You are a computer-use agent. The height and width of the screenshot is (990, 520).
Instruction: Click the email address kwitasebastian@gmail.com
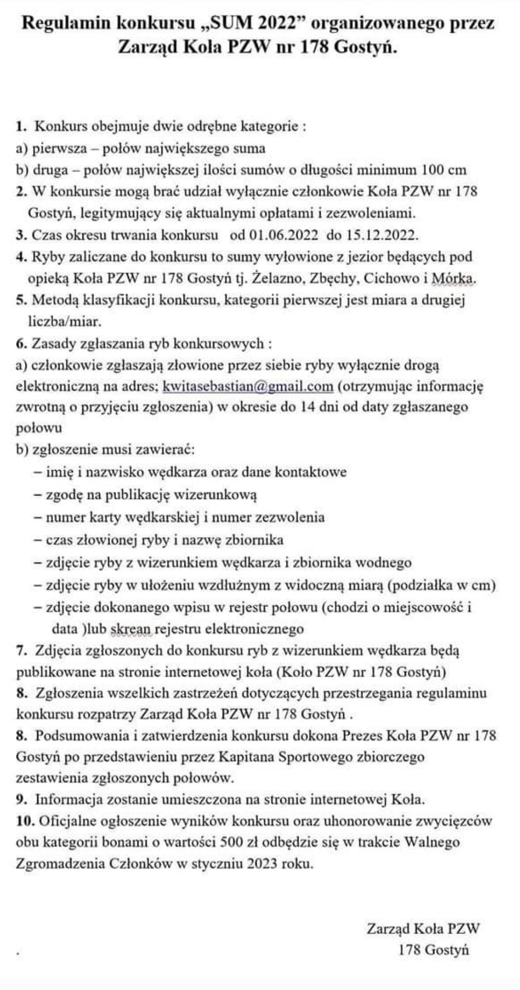tap(248, 386)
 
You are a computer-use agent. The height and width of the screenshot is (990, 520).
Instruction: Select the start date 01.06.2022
tap(284, 235)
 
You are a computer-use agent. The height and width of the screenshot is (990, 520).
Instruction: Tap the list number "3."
tap(21, 236)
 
